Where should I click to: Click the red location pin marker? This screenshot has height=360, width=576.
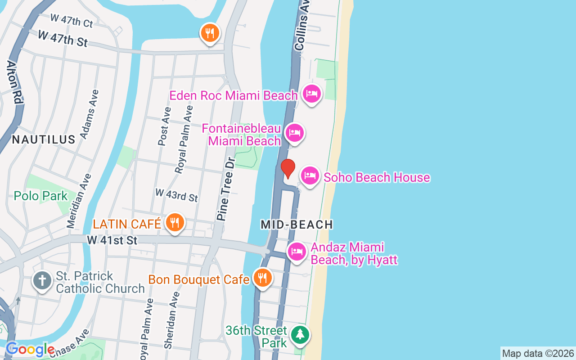coord(288,168)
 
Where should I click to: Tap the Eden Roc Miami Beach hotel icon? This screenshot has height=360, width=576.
coord(312,94)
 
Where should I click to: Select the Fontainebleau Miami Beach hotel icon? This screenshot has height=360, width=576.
coord(294,133)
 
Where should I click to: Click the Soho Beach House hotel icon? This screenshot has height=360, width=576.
coord(310,176)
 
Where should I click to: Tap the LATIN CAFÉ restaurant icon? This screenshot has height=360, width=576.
coord(175,222)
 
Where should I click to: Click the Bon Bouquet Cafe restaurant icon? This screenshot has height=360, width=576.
coord(262,278)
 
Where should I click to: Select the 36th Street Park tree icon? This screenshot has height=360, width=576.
coord(300,334)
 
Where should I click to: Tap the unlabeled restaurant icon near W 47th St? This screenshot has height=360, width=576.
coord(210,33)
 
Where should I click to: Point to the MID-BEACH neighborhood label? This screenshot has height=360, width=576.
coord(297,225)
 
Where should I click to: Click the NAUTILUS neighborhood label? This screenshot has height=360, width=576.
coord(44,139)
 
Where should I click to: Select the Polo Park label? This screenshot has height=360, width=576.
coord(40,196)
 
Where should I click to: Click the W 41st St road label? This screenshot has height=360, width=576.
coord(112,240)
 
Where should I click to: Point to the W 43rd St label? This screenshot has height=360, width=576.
coord(176,195)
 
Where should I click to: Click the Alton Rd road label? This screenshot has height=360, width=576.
coord(14,83)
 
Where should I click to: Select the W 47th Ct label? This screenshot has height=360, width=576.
coord(72,20)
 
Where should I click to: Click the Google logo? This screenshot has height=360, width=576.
coord(30,349)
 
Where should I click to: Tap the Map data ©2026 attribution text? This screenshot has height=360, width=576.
coord(538,353)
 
